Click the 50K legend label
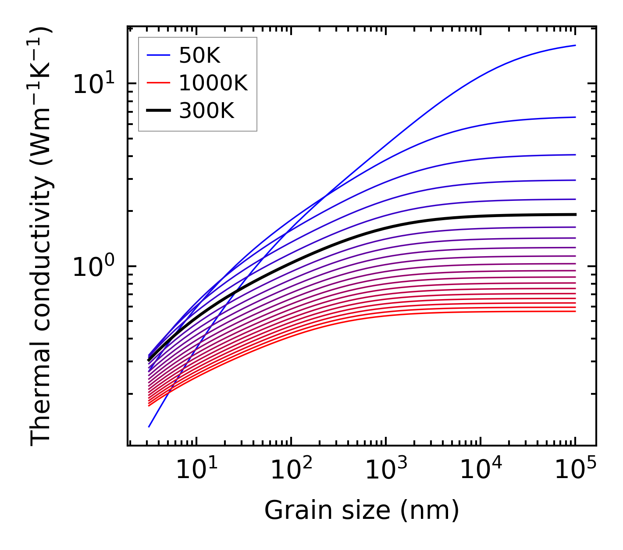199,56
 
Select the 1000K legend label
213,83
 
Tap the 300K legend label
206,111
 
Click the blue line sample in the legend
158,55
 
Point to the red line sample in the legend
158,83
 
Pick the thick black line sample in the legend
158,111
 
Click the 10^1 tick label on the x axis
196,471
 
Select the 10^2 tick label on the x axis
291,471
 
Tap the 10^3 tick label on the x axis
386,471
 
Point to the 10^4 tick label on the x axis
481,471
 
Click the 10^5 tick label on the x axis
575,471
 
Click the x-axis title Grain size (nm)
362,511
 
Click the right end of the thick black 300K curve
575,214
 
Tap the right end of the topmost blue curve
575,45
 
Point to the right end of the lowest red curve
575,311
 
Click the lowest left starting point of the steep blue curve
149,426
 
